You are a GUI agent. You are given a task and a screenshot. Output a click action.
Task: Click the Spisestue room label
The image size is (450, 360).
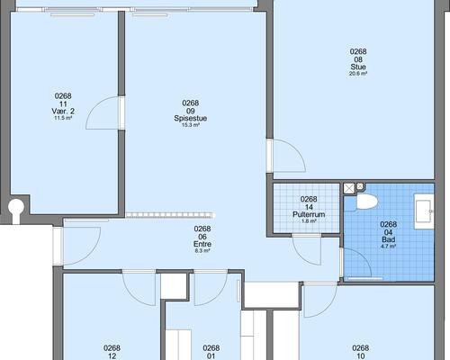[191, 118]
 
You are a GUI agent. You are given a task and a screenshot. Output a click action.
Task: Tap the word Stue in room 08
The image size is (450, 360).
[358, 67]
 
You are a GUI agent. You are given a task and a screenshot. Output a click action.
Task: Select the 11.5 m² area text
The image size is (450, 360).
[63, 118]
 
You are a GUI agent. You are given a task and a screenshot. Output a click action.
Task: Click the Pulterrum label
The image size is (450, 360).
[309, 214]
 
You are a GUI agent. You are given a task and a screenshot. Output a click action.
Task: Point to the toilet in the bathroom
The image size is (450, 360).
[366, 202]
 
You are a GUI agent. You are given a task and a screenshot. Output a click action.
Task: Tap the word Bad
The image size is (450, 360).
[389, 239]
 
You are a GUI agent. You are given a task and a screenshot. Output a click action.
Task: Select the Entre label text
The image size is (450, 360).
[202, 244]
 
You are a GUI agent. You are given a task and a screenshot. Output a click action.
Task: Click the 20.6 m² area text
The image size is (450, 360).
[358, 74]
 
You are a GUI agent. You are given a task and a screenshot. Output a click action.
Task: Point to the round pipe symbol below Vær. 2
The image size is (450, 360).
[16, 207]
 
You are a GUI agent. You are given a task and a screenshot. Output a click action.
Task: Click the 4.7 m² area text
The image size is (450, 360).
[389, 247]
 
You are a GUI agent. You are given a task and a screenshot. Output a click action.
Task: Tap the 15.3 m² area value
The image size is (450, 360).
[191, 125]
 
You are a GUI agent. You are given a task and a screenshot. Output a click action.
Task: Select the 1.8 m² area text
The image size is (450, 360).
[309, 221]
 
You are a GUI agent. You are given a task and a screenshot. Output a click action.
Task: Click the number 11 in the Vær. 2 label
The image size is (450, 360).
[63, 103]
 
